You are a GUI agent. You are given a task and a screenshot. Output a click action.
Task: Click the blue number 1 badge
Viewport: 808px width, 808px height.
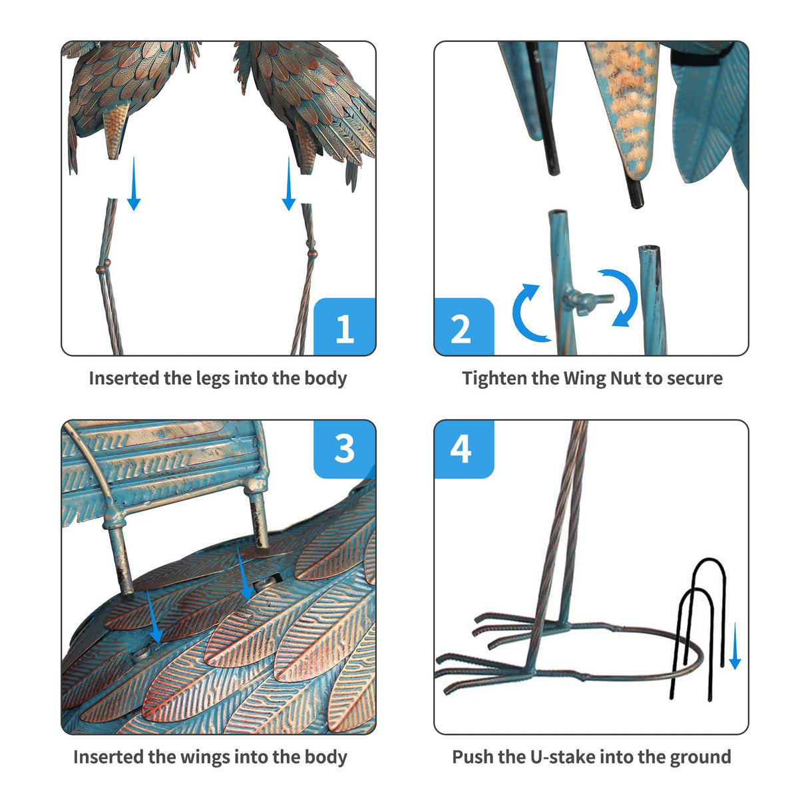tap(344, 327)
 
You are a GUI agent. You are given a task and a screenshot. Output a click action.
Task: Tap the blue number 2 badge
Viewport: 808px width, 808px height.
tap(464, 327)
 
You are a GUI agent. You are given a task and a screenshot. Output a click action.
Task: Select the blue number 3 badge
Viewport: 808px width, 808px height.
tap(344, 449)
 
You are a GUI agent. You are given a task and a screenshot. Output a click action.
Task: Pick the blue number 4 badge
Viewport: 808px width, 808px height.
tap(464, 449)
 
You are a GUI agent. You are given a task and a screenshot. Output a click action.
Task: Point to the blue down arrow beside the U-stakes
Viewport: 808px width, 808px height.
tap(735, 646)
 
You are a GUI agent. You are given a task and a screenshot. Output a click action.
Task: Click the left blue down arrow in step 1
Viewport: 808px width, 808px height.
tap(134, 184)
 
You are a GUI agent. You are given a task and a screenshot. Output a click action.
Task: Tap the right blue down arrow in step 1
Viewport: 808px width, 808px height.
tap(288, 184)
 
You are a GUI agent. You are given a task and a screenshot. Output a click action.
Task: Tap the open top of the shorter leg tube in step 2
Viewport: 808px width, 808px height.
tap(649, 248)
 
